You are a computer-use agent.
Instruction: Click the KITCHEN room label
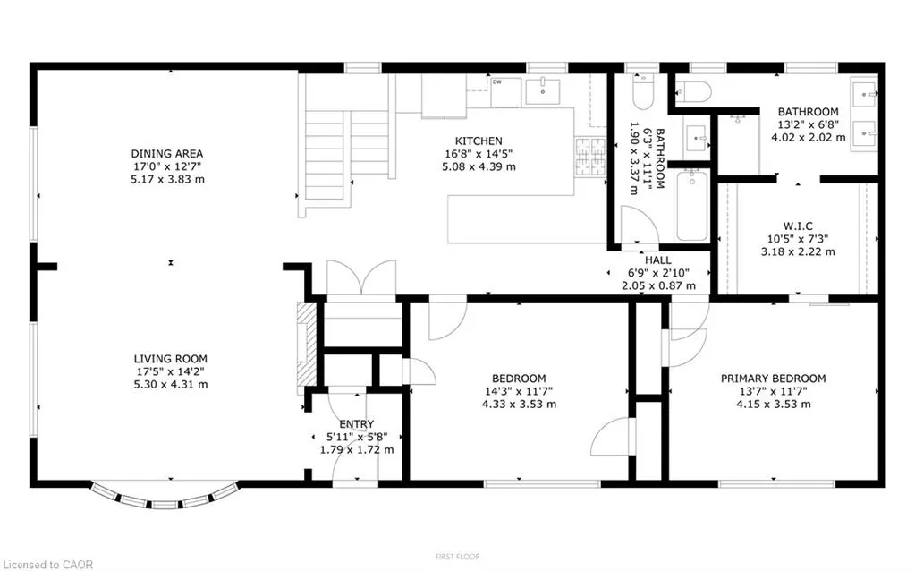tap(479, 141)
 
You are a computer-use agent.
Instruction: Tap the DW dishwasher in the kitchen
tap(505, 92)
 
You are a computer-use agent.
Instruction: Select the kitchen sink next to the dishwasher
tap(543, 91)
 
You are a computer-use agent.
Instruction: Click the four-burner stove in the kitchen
tap(590, 157)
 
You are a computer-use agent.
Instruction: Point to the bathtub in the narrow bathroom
tap(692, 206)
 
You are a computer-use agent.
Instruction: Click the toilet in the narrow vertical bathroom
tap(643, 91)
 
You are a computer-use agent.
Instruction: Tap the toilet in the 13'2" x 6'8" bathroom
tap(693, 92)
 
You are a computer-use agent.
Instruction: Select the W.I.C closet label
tap(798, 226)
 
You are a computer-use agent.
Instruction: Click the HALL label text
tap(658, 260)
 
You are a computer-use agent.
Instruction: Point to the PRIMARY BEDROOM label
tap(773, 379)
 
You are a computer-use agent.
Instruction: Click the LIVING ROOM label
tap(171, 359)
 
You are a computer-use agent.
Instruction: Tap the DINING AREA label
tap(167, 154)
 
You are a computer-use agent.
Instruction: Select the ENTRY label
tap(357, 424)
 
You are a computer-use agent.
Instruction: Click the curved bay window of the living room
tap(165, 499)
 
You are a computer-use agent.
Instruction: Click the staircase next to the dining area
tap(347, 155)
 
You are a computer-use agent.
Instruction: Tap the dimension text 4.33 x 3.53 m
tap(519, 404)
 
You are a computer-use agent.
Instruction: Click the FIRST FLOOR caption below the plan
tap(458, 557)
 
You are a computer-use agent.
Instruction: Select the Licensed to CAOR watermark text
tap(47, 565)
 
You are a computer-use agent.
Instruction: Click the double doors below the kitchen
tap(362, 277)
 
